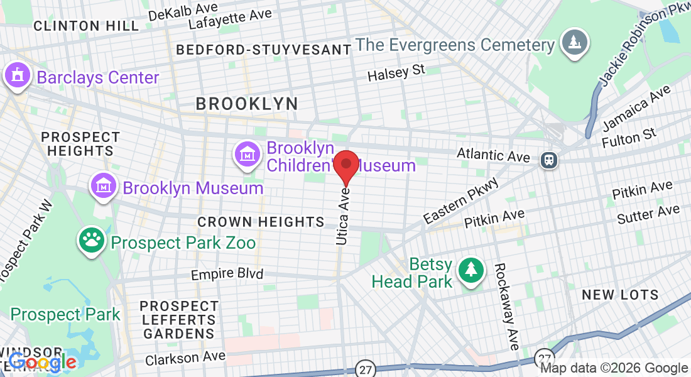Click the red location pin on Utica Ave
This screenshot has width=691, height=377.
pyautogui.click(x=345, y=165)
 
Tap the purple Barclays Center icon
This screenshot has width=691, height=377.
pyautogui.click(x=18, y=77)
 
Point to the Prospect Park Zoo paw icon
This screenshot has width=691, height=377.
pyautogui.click(x=92, y=241)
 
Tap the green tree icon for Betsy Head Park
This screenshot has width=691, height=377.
pyautogui.click(x=471, y=270)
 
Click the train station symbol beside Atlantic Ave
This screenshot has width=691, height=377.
pyautogui.click(x=550, y=160)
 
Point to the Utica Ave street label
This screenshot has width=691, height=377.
pyautogui.click(x=342, y=216)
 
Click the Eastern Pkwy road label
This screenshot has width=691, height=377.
pyautogui.click(x=461, y=200)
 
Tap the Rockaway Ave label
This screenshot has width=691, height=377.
pyautogui.click(x=506, y=306)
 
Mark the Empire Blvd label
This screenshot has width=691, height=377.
pyautogui.click(x=227, y=274)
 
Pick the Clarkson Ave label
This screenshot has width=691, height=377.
pyautogui.click(x=185, y=358)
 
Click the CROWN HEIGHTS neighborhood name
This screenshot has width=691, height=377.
pyautogui.click(x=261, y=222)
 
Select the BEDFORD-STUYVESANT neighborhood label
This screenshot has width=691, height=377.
pyautogui.click(x=263, y=50)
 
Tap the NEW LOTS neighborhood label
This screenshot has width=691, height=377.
pyautogui.click(x=620, y=295)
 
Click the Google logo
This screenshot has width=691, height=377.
pyautogui.click(x=42, y=363)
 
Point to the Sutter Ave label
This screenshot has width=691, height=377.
pyautogui.click(x=648, y=214)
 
